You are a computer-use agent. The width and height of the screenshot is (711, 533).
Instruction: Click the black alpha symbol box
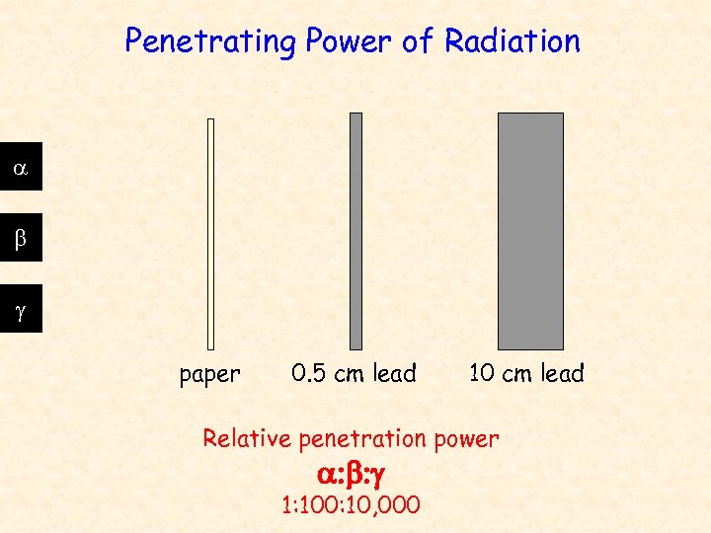tap(20, 170)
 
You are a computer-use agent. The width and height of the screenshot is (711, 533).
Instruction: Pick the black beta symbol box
tap(20, 237)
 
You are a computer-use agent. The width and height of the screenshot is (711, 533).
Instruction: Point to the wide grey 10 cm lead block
tap(530, 230)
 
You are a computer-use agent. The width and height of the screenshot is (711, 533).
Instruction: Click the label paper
tap(209, 375)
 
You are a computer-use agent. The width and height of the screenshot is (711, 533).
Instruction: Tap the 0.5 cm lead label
tap(355, 374)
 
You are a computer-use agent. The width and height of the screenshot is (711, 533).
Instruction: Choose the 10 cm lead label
tap(526, 374)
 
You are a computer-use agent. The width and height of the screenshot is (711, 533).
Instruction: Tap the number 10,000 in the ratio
tap(387, 505)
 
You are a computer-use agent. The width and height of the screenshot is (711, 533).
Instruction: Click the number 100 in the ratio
tap(317, 505)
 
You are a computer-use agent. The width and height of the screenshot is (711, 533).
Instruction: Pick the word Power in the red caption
tap(466, 439)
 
